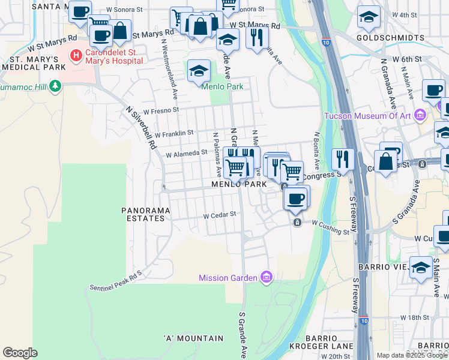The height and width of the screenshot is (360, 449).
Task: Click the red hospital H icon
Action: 76,56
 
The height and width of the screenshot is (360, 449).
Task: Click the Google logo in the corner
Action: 20,353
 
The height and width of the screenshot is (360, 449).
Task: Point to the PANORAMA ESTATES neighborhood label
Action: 146,214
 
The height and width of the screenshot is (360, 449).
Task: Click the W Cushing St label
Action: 330,227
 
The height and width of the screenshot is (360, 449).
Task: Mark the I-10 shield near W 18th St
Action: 365,320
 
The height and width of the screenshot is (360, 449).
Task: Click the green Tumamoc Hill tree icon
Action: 55,86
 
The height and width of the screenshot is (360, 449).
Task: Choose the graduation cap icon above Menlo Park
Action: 199,70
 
